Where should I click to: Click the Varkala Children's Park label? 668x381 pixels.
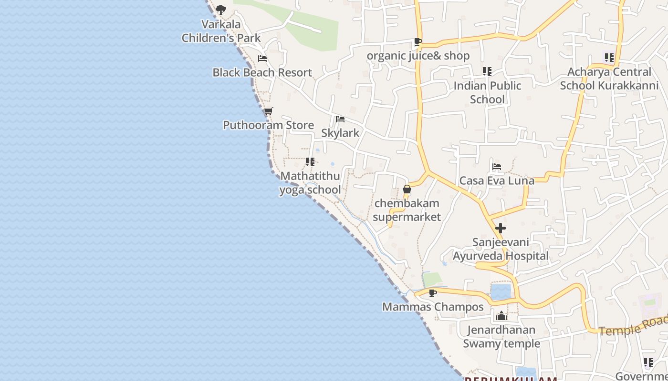point(221,31)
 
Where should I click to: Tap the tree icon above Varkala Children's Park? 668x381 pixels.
point(220,10)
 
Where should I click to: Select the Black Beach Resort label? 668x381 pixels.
point(262,72)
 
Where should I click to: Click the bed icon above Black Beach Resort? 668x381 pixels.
point(262,59)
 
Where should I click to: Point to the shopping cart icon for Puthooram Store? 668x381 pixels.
point(268,111)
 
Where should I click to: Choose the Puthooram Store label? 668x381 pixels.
point(268,125)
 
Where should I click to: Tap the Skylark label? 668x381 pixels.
point(340,133)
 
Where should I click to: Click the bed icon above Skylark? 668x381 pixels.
point(340,119)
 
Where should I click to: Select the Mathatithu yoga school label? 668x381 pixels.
point(310,183)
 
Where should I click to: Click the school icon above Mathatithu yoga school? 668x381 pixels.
point(310,162)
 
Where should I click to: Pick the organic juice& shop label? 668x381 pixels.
point(418,56)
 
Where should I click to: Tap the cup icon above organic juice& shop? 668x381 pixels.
point(418,42)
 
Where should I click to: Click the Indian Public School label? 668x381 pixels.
point(487,92)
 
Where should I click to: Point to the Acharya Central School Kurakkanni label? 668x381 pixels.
point(609,79)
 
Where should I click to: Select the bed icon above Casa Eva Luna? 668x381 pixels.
point(497,167)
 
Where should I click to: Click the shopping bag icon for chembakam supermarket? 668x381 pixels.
point(407,190)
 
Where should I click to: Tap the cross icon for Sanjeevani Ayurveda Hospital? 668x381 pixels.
point(501,228)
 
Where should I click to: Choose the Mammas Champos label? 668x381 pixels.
point(433,307)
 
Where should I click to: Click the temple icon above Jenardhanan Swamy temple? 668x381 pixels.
point(501,316)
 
